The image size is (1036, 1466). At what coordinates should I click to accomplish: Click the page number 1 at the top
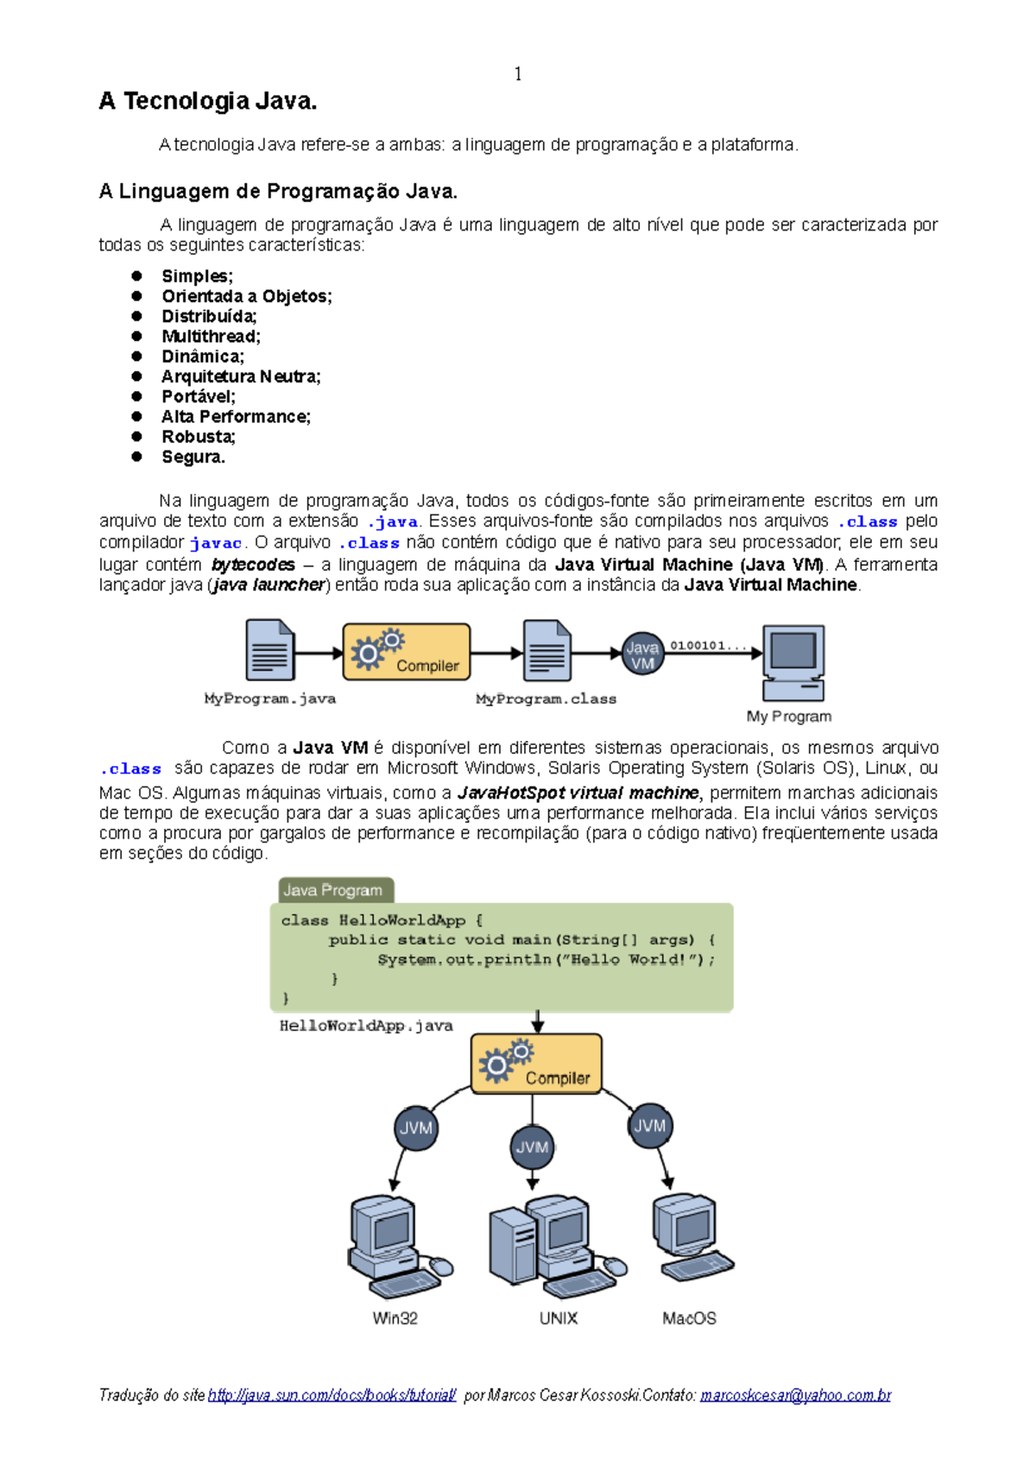click(518, 74)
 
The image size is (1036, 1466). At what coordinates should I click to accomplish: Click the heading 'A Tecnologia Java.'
click(208, 102)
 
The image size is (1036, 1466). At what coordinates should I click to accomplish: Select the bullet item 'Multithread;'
click(211, 337)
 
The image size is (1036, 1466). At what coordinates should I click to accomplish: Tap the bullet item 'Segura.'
click(193, 457)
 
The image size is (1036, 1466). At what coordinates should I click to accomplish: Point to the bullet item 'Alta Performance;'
click(236, 417)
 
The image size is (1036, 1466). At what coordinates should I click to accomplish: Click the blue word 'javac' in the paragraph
click(216, 543)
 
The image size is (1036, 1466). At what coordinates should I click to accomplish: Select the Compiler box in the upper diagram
click(407, 653)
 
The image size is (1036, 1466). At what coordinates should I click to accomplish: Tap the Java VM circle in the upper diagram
click(642, 654)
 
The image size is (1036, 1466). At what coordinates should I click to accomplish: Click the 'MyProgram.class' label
click(546, 698)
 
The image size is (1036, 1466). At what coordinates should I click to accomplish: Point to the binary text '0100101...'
click(708, 645)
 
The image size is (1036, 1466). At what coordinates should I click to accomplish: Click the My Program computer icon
click(793, 662)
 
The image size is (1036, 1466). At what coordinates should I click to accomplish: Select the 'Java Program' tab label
click(333, 890)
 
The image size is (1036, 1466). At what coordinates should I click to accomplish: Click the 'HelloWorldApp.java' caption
click(366, 1026)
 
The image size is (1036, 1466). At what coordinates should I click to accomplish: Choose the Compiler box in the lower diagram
click(536, 1065)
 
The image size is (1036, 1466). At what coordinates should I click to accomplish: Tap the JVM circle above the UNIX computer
click(532, 1147)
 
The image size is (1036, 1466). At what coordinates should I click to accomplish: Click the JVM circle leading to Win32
click(416, 1128)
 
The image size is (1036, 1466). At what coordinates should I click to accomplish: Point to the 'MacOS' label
click(689, 1318)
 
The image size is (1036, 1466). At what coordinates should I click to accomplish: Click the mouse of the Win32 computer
click(441, 1267)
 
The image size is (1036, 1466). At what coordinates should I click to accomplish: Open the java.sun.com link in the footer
click(332, 1395)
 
